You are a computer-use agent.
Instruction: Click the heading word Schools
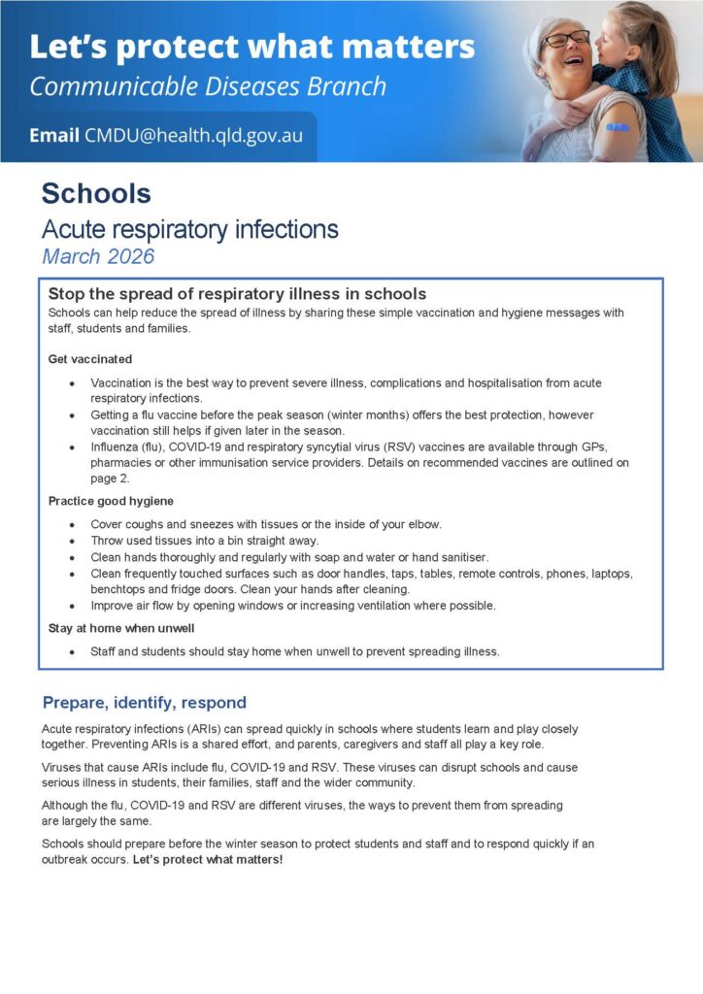coord(96,193)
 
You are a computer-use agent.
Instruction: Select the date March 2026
coord(98,256)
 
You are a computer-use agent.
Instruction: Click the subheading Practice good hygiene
coord(111,501)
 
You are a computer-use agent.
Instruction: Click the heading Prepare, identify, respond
coord(145,703)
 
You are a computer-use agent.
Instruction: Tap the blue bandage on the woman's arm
coord(617,127)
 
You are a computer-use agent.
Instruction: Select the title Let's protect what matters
coord(252,47)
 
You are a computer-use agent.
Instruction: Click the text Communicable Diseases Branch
coord(208,86)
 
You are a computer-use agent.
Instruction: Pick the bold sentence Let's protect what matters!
coord(208,859)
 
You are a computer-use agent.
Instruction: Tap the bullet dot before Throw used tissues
coord(72,541)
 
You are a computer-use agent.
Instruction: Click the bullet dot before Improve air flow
coord(72,606)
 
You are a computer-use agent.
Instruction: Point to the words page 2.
coord(113,479)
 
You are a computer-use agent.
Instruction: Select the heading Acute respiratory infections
coord(189,229)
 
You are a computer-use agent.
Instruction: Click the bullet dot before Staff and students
coord(72,651)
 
